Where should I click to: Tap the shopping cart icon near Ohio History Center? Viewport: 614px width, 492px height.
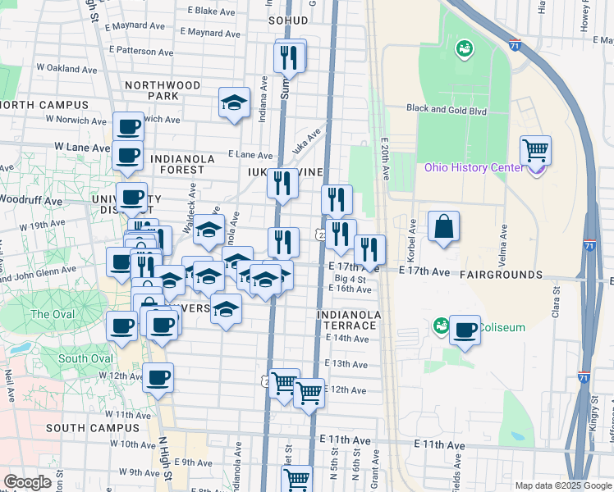click(535, 150)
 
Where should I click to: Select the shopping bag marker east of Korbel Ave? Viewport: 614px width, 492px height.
click(443, 226)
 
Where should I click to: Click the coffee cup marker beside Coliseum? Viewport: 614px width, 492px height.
click(465, 330)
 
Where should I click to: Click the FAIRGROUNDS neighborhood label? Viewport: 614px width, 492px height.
click(501, 275)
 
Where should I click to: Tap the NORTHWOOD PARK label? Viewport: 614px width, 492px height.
click(163, 90)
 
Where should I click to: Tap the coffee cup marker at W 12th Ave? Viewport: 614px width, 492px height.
click(158, 378)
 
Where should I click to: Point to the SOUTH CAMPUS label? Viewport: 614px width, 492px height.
click(93, 428)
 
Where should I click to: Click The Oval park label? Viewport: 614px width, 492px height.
click(53, 314)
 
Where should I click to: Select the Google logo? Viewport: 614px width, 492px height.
click(27, 481)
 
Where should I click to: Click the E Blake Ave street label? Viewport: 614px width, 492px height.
click(211, 11)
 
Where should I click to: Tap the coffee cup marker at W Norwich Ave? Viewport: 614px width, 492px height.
click(128, 126)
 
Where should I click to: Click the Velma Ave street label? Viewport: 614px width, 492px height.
click(504, 246)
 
